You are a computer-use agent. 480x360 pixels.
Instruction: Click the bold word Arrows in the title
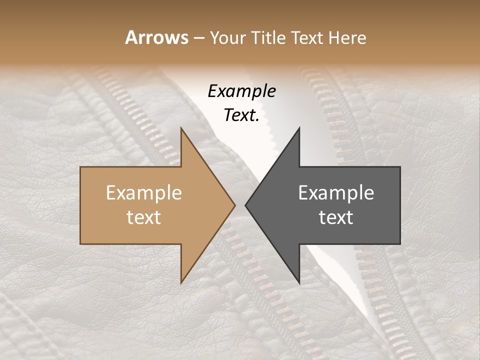point(156,37)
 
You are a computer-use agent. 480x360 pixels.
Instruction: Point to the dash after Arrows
point(198,38)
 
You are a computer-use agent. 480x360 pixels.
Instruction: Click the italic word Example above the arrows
point(241,91)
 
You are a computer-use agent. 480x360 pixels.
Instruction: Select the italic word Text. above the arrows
point(241,115)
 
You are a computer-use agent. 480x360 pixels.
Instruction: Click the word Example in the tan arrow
point(144,193)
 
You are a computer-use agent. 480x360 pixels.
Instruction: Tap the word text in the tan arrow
point(144,217)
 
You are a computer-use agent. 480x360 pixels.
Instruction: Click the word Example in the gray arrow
point(336,193)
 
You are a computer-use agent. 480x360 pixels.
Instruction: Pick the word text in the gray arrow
point(336,217)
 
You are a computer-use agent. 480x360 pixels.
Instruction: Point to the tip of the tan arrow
point(235,205)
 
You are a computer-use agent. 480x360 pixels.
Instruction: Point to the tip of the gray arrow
point(245,205)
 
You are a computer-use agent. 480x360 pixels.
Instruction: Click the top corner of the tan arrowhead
point(181,128)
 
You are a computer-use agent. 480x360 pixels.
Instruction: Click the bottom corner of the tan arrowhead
point(181,283)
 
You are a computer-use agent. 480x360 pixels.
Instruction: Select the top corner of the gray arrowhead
point(299,128)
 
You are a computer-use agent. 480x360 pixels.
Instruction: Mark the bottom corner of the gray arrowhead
point(299,283)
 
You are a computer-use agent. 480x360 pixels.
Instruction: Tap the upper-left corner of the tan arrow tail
point(80,167)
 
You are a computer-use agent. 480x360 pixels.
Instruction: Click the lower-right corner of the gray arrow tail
point(400,243)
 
